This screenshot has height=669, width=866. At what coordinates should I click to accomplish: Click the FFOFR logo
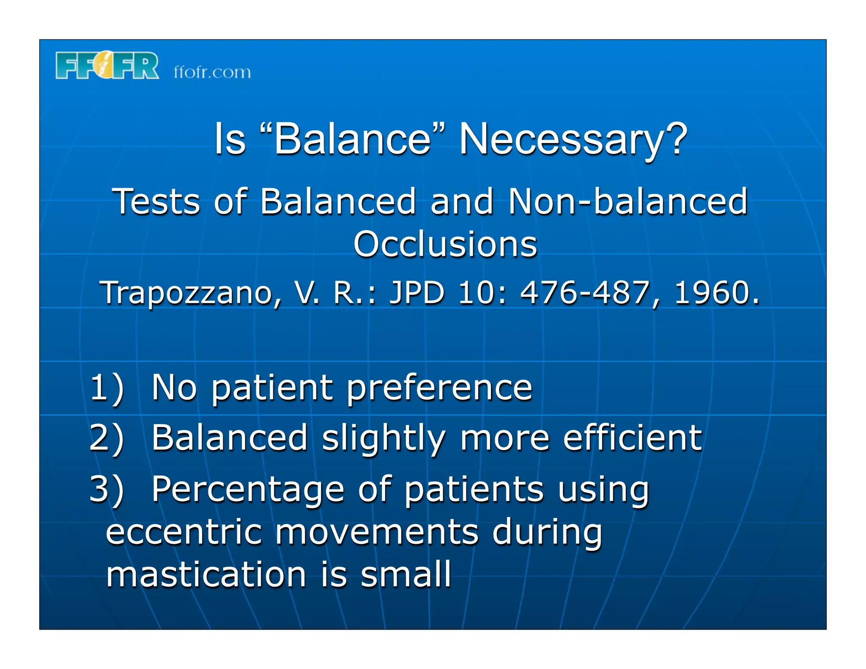[x=107, y=66]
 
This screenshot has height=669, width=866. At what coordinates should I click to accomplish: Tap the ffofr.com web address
[x=212, y=72]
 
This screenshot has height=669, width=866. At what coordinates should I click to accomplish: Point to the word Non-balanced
[x=628, y=202]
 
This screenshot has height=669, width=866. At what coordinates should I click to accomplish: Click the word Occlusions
[x=445, y=244]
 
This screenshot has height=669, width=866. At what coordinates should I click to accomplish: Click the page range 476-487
[x=585, y=292]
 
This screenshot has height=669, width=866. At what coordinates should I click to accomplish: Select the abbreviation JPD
[x=417, y=292]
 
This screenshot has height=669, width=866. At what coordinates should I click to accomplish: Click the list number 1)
[x=107, y=387]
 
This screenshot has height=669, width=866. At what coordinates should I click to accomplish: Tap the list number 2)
[x=107, y=438]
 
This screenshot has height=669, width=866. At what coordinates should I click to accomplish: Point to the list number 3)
[x=107, y=489]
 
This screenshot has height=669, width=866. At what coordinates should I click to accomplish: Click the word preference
[x=439, y=388]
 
